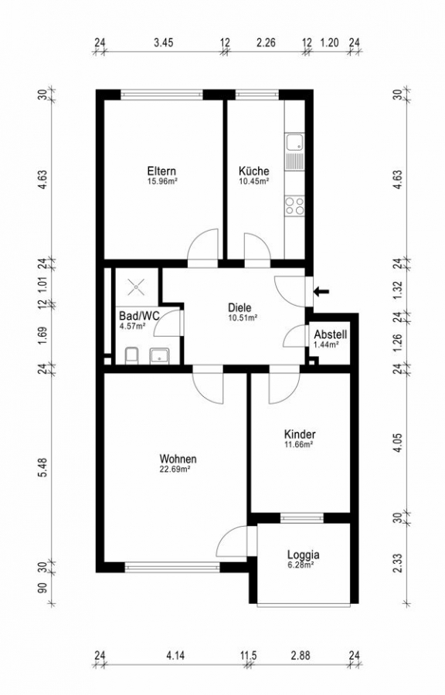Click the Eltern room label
coord(161,171)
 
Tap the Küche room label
coord(253,171)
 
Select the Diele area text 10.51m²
coord(243,317)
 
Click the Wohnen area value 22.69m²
coord(175,469)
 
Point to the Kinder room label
coord(300,434)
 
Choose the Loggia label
coord(303,554)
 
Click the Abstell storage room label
coord(330,334)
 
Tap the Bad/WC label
coord(139,316)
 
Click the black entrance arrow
coord(321,291)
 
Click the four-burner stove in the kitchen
coord(295,206)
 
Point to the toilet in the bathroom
coord(131,356)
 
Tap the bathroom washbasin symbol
coord(159,356)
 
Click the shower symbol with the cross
coord(136,286)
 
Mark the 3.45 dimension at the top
coord(163,42)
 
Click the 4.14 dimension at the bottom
coord(175,655)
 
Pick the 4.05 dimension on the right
coord(398,442)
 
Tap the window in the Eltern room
coord(161,94)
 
